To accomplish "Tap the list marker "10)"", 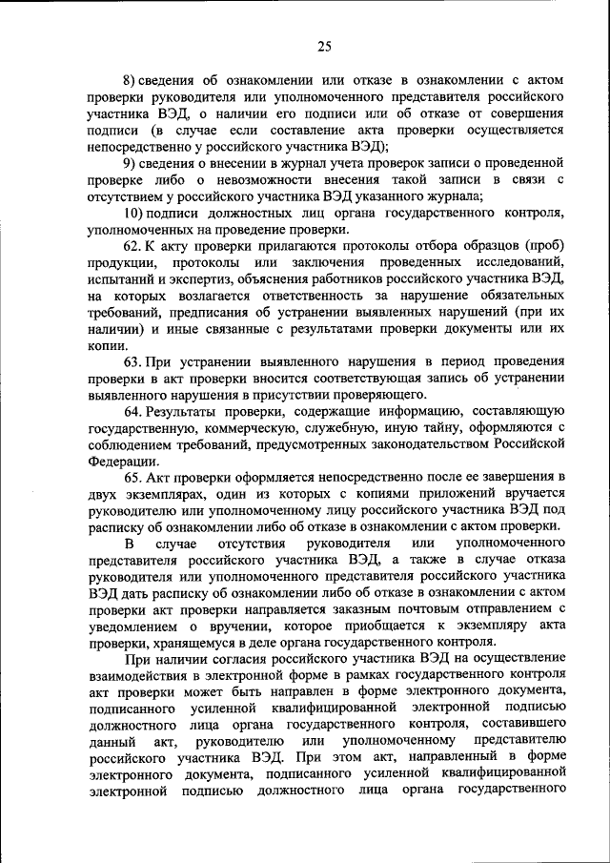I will pyautogui.click(x=133, y=212).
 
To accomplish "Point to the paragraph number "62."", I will pyautogui.click(x=132, y=246).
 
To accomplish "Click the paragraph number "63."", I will pyautogui.click(x=132, y=361).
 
